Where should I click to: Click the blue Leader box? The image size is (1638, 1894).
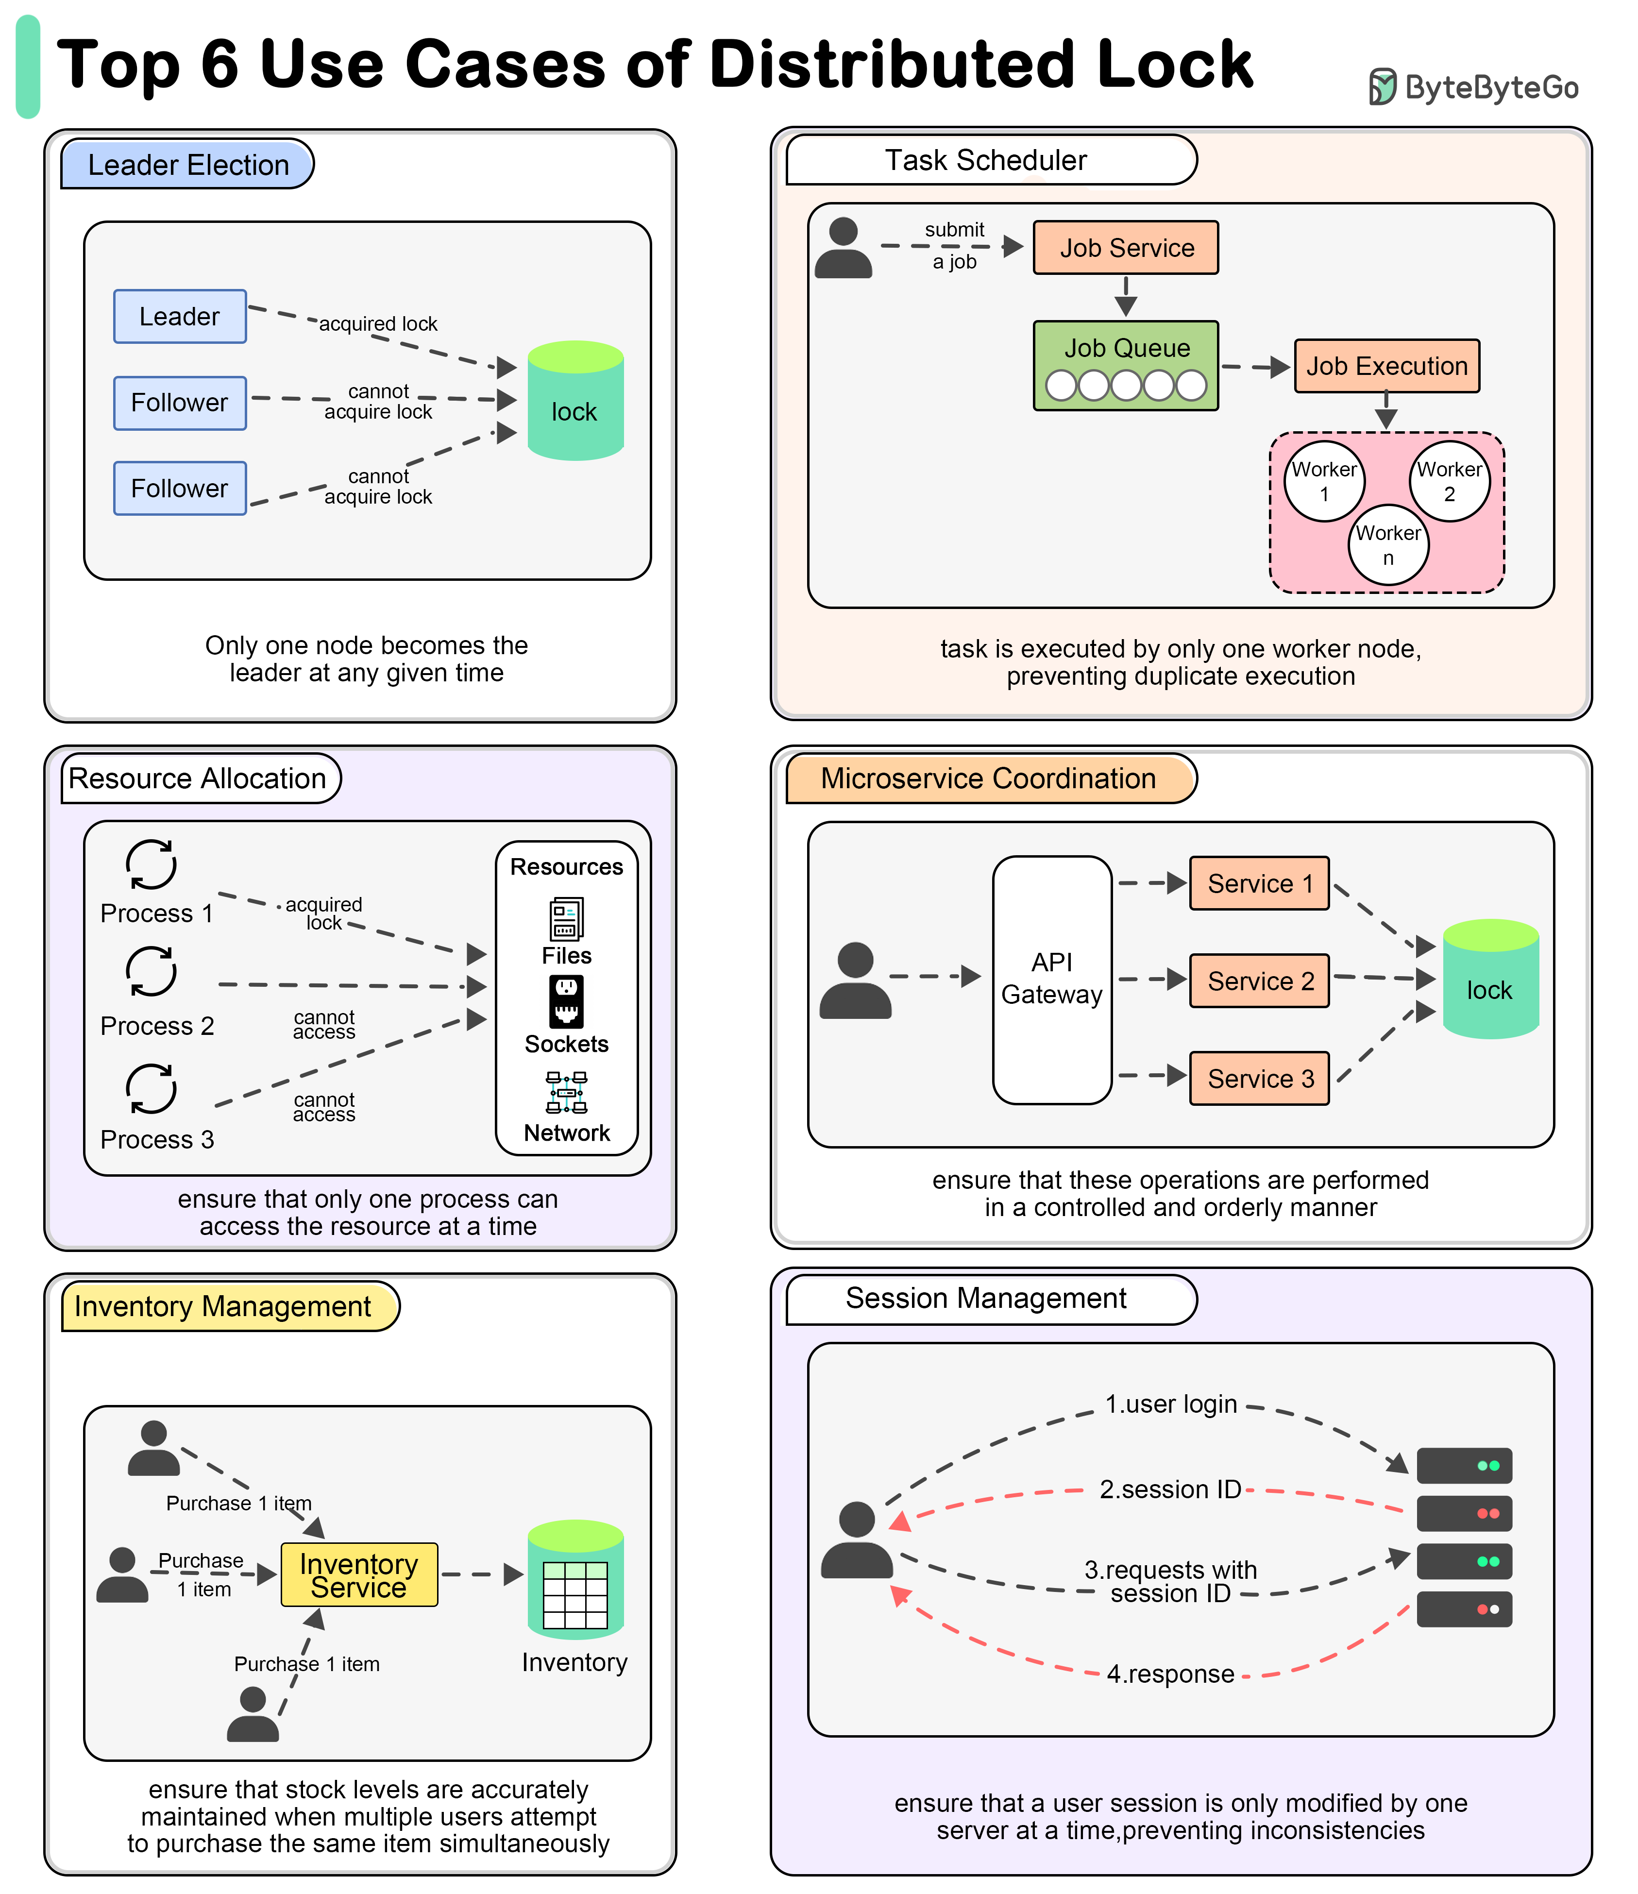pyautogui.click(x=180, y=316)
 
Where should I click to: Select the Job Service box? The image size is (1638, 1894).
pyautogui.click(x=1126, y=248)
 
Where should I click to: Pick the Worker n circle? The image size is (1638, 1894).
pyautogui.click(x=1388, y=545)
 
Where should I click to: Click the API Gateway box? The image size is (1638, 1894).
pyautogui.click(x=1052, y=980)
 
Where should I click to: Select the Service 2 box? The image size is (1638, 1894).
pyautogui.click(x=1260, y=981)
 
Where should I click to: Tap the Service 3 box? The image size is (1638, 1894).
pyautogui.click(x=1260, y=1079)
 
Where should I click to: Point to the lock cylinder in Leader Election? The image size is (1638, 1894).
pyautogui.click(x=576, y=400)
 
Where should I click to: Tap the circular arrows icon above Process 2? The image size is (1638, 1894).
pyautogui.click(x=152, y=971)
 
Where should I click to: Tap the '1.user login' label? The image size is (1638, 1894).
pyautogui.click(x=1171, y=1404)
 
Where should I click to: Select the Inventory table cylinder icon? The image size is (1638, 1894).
pyautogui.click(x=576, y=1580)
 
